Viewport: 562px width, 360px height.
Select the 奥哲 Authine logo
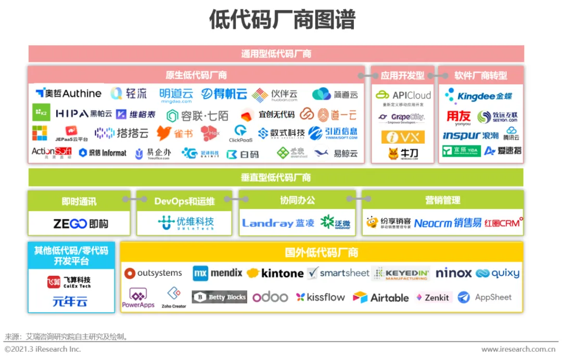coord(68,94)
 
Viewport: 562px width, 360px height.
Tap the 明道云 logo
coord(176,95)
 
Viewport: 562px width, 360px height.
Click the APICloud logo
coord(403,95)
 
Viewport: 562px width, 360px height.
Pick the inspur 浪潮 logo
coord(470,135)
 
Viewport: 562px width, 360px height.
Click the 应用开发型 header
coord(402,75)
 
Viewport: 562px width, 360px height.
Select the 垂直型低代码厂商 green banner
coord(276,177)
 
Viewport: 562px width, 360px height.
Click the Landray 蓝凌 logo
coord(278,223)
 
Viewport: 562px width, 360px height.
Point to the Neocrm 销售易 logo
coord(448,223)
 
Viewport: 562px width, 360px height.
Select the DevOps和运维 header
coord(184,201)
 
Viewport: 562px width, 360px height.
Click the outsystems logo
coord(154,273)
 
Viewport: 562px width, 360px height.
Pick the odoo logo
coord(270,297)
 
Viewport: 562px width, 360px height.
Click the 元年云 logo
coord(70,301)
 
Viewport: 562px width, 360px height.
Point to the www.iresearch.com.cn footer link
coord(518,349)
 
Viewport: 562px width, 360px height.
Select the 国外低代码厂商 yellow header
coord(321,253)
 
